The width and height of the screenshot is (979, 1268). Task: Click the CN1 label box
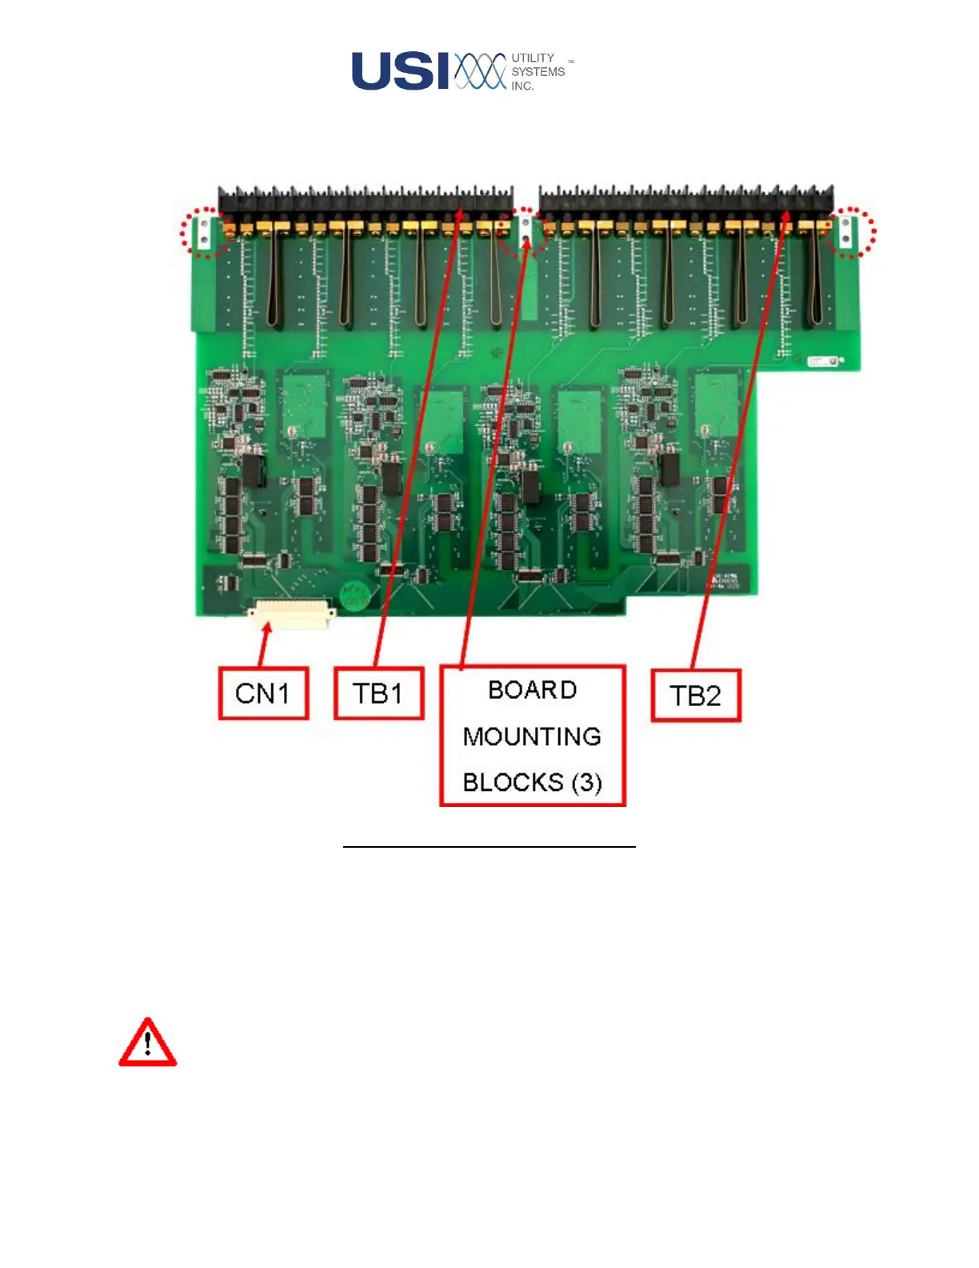pos(263,693)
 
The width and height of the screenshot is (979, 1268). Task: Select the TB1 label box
pos(378,693)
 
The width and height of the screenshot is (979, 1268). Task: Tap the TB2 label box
pos(696,696)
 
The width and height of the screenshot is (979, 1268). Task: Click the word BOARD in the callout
pos(533,690)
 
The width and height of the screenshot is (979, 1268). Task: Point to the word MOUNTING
pos(533,736)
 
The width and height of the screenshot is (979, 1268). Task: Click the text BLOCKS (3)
pos(533,782)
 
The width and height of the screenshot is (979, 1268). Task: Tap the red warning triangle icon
pos(148,1044)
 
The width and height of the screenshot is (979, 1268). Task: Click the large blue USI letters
pos(401,71)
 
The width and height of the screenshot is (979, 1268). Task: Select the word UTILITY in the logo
pos(533,58)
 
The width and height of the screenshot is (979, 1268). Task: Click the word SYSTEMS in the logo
pos(538,72)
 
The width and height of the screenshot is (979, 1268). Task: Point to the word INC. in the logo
pos(522,86)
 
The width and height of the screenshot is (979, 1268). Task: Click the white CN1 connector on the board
pos(291,615)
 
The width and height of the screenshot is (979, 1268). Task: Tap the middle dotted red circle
pos(525,232)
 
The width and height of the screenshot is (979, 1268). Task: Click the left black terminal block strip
pos(366,199)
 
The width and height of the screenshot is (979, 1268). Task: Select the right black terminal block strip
pos(686,199)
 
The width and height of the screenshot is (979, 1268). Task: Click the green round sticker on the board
pos(354,596)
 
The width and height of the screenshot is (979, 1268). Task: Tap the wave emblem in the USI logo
pos(481,71)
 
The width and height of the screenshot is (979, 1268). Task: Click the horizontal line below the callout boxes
pos(489,846)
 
